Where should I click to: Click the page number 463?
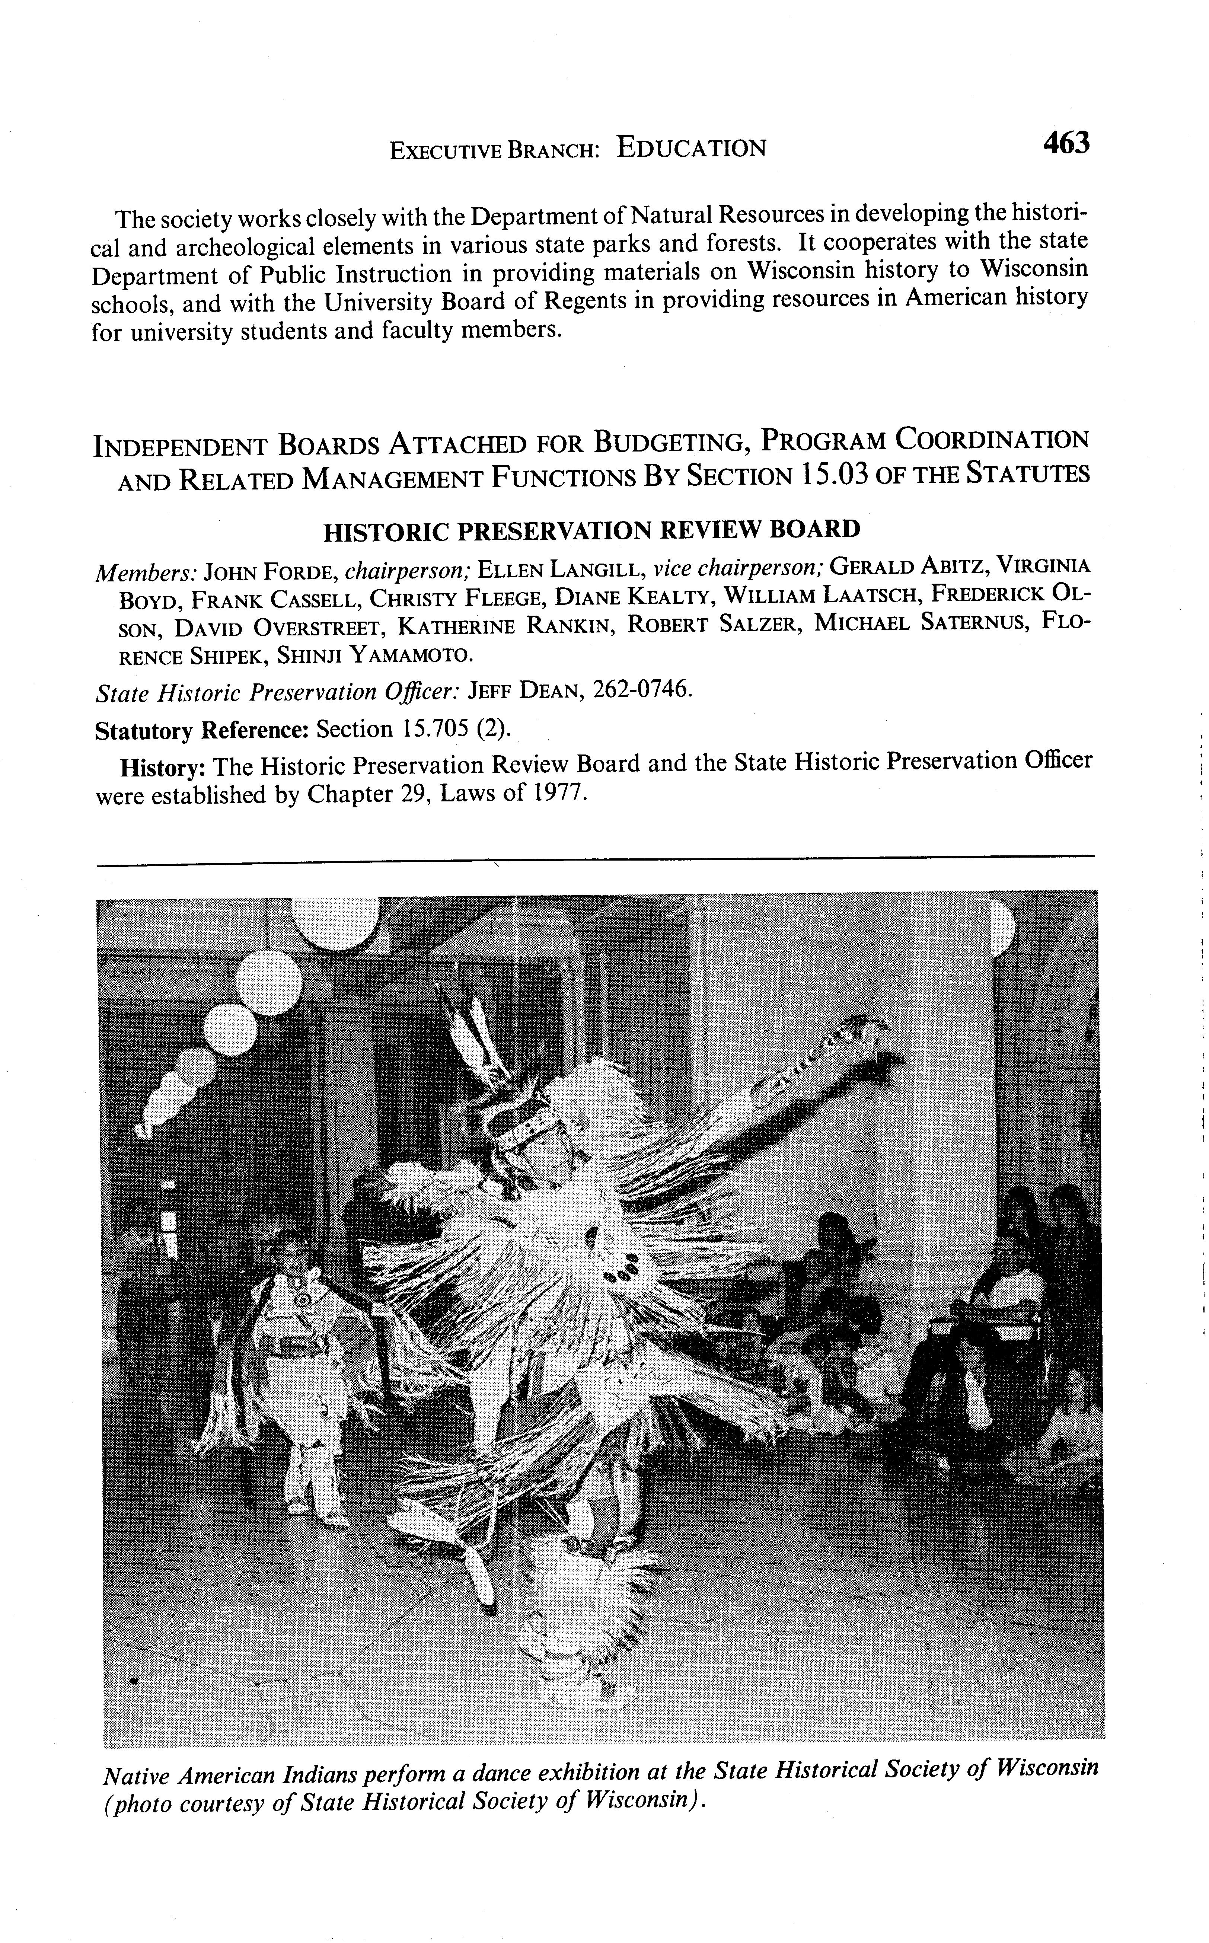1066,144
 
